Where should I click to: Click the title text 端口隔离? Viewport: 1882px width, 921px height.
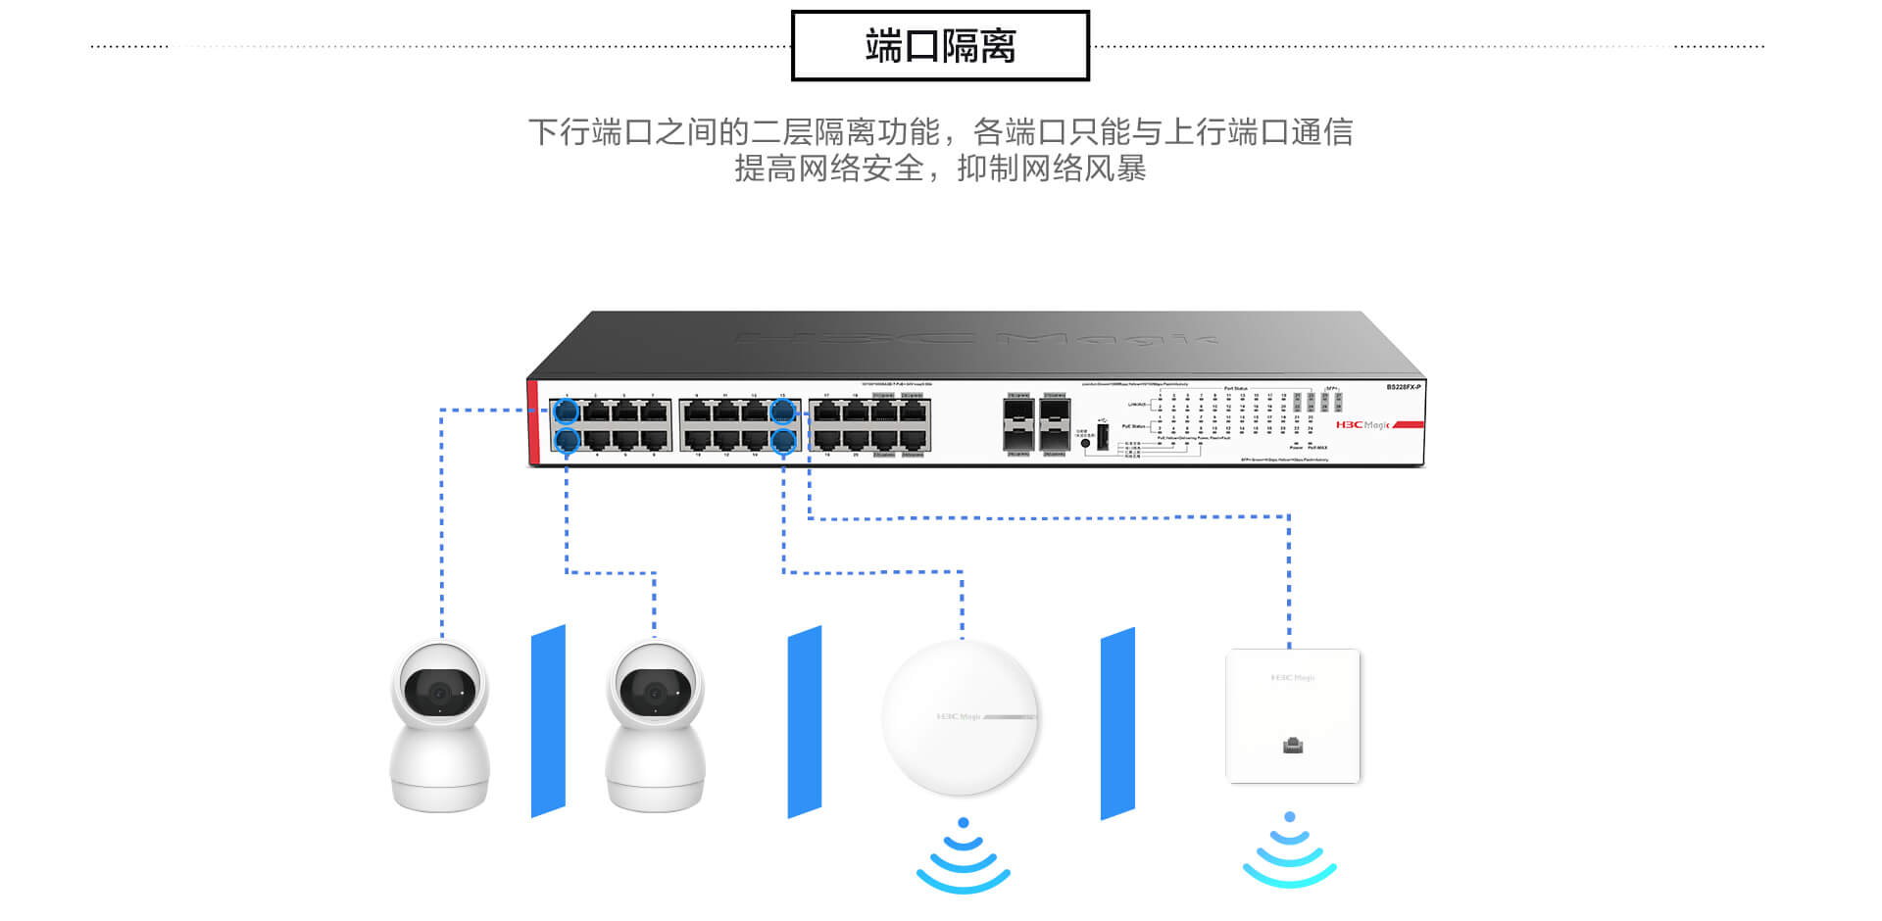click(940, 46)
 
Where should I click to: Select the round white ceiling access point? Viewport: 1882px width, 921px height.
click(960, 718)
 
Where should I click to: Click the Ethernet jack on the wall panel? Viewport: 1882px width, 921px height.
click(1293, 746)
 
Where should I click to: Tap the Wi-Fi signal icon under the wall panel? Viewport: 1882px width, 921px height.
click(1289, 849)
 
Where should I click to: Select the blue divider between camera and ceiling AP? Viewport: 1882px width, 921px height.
click(805, 721)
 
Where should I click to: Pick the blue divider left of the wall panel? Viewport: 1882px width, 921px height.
click(1117, 723)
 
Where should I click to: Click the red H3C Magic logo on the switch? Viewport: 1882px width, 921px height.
click(1363, 424)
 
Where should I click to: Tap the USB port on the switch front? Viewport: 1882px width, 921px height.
click(1102, 438)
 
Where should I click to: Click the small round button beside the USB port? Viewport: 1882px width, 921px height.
click(1085, 444)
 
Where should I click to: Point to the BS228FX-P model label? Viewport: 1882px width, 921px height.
click(1403, 388)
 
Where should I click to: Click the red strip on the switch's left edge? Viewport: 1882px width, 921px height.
click(533, 421)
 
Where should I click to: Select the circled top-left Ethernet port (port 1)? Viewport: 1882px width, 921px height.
click(567, 411)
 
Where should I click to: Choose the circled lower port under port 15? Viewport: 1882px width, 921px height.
click(782, 441)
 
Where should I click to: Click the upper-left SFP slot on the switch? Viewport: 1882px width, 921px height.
click(1018, 411)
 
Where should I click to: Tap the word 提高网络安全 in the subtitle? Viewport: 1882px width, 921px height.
click(829, 169)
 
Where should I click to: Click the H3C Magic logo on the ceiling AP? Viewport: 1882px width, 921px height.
click(958, 717)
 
